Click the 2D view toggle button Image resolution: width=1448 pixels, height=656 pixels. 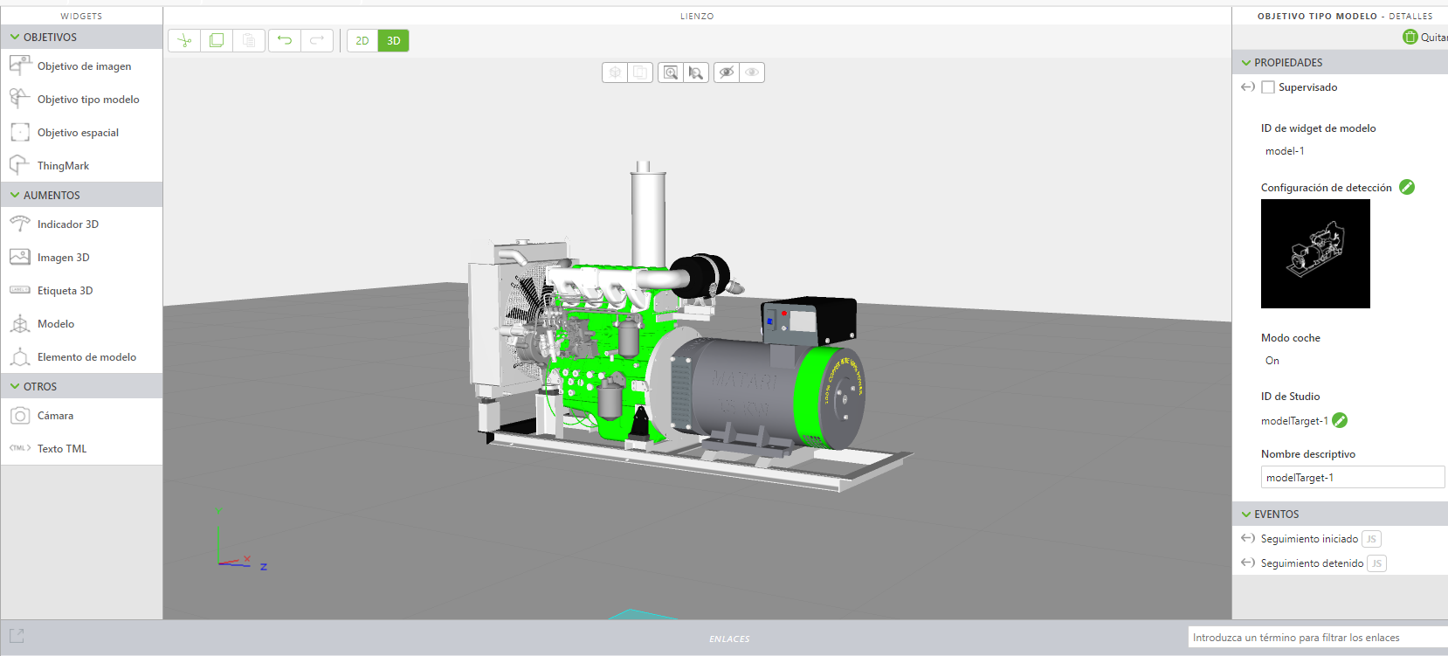[362, 41]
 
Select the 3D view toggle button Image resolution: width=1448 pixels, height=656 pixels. [394, 41]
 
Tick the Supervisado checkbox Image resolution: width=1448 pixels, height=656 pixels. [1268, 87]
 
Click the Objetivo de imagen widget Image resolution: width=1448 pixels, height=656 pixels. [84, 66]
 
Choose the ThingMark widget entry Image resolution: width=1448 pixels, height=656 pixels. [63, 166]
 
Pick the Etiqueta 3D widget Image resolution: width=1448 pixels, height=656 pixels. [65, 291]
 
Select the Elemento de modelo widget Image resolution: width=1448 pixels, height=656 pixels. [86, 357]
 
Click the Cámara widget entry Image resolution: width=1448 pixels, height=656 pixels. [55, 416]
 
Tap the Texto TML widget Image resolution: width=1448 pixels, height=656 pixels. [61, 449]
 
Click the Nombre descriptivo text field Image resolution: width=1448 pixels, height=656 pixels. [1352, 478]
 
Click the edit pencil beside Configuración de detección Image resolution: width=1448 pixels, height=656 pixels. [1407, 187]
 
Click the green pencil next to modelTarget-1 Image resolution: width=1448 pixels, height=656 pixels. [1340, 420]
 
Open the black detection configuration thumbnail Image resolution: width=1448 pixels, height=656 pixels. [1315, 253]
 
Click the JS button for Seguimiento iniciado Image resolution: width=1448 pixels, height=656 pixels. [1371, 539]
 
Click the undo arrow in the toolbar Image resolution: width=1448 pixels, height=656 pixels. [285, 40]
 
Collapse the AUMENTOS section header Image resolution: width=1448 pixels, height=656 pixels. [52, 195]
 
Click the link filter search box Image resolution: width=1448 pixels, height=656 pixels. [1317, 638]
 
